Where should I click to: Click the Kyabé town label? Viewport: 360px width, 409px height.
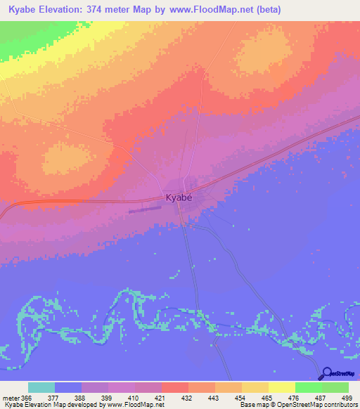click(x=179, y=198)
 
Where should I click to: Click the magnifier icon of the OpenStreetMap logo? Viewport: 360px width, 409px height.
click(x=326, y=374)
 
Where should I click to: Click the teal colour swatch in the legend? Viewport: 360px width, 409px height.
click(x=41, y=387)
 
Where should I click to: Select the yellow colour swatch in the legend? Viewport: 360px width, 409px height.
click(x=281, y=387)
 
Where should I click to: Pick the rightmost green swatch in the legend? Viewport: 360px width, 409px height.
click(x=335, y=387)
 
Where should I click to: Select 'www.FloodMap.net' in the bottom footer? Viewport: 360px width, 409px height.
click(x=131, y=405)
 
